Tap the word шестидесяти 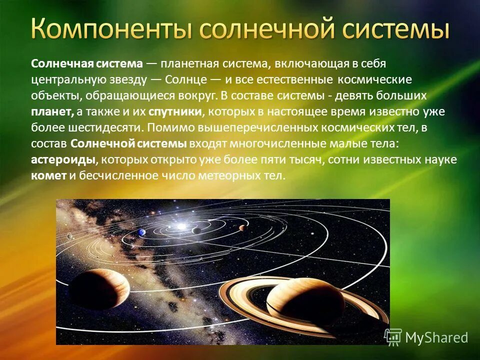[98, 127]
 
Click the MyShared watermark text [435, 337]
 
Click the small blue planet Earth [142, 232]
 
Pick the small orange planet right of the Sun [242, 228]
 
